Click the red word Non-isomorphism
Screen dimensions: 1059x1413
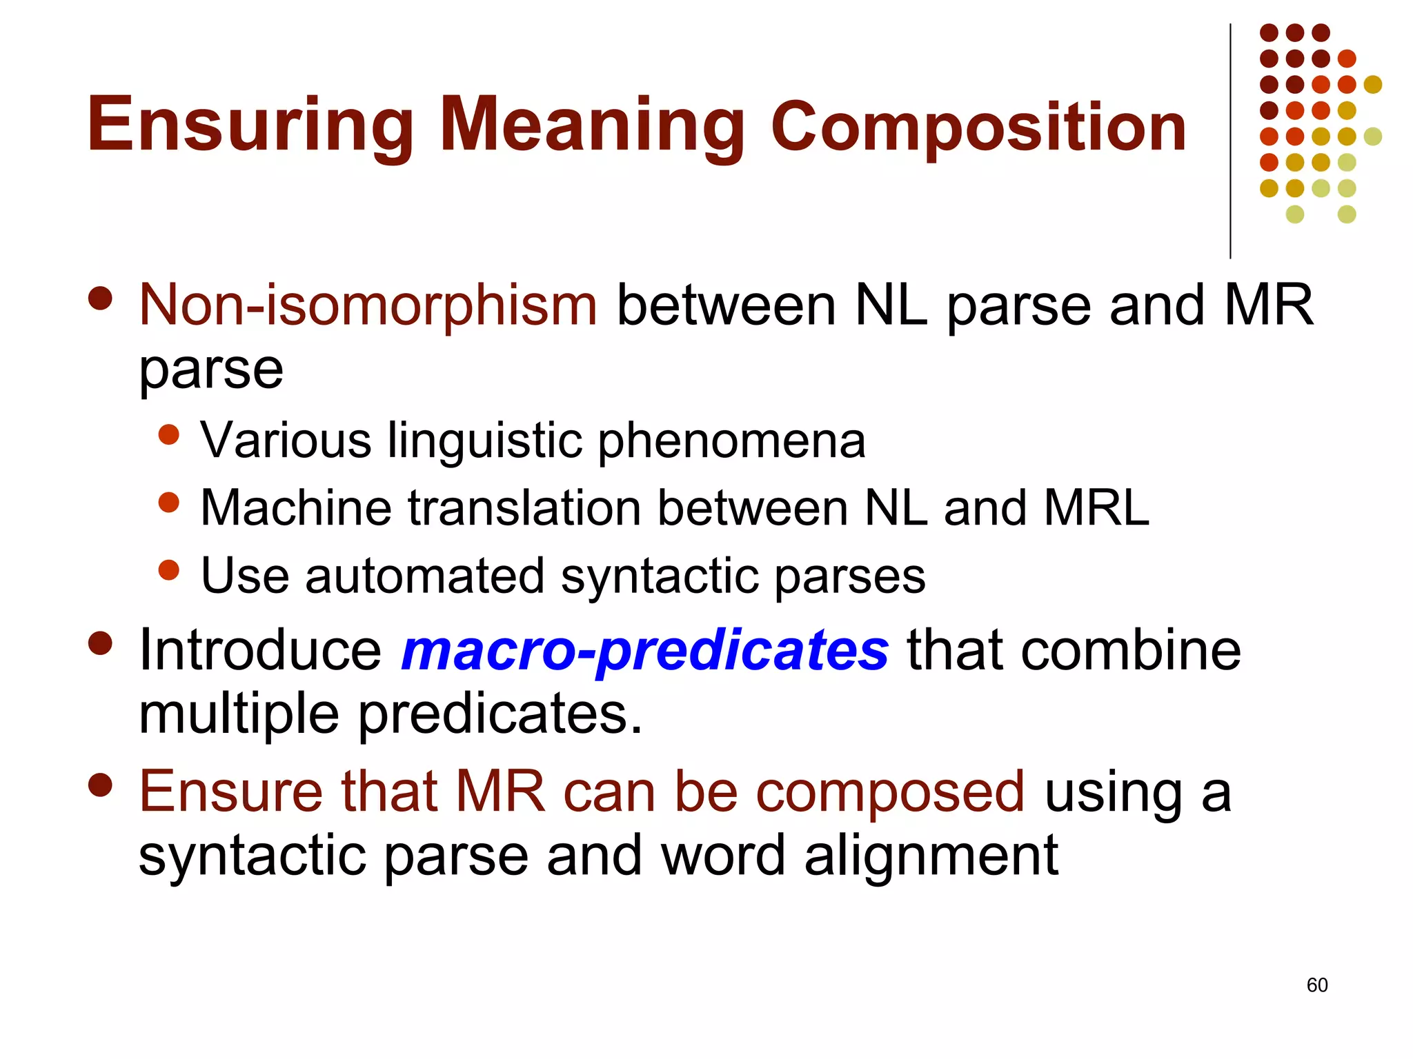(x=368, y=305)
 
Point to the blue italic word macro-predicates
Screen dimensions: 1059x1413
(x=644, y=651)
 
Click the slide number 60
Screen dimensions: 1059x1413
(x=1316, y=985)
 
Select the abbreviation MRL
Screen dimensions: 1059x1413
(x=1096, y=508)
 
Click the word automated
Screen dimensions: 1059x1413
(x=425, y=576)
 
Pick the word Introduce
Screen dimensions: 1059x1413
(x=260, y=650)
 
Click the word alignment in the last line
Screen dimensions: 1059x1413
(x=931, y=856)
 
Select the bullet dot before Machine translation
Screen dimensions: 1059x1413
(x=168, y=502)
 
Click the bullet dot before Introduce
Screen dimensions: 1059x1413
(x=101, y=643)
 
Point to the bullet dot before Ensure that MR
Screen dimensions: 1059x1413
(x=101, y=785)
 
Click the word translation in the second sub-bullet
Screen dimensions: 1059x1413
(x=525, y=508)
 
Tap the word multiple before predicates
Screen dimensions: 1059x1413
(x=239, y=714)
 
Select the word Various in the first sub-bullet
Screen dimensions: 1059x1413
(x=286, y=440)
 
